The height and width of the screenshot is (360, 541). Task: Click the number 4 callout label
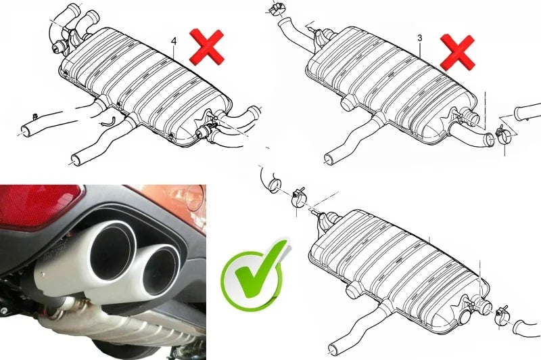(x=174, y=41)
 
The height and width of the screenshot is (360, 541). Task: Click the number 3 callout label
(x=420, y=38)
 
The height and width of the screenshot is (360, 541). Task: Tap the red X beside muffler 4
(x=207, y=47)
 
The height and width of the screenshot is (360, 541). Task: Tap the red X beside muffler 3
(x=458, y=52)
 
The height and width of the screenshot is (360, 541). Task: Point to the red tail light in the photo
(x=38, y=205)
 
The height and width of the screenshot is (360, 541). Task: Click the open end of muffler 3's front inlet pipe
(x=329, y=159)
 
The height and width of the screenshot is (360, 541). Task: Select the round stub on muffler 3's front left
(x=346, y=104)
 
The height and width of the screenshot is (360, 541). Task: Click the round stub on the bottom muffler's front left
(x=352, y=291)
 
